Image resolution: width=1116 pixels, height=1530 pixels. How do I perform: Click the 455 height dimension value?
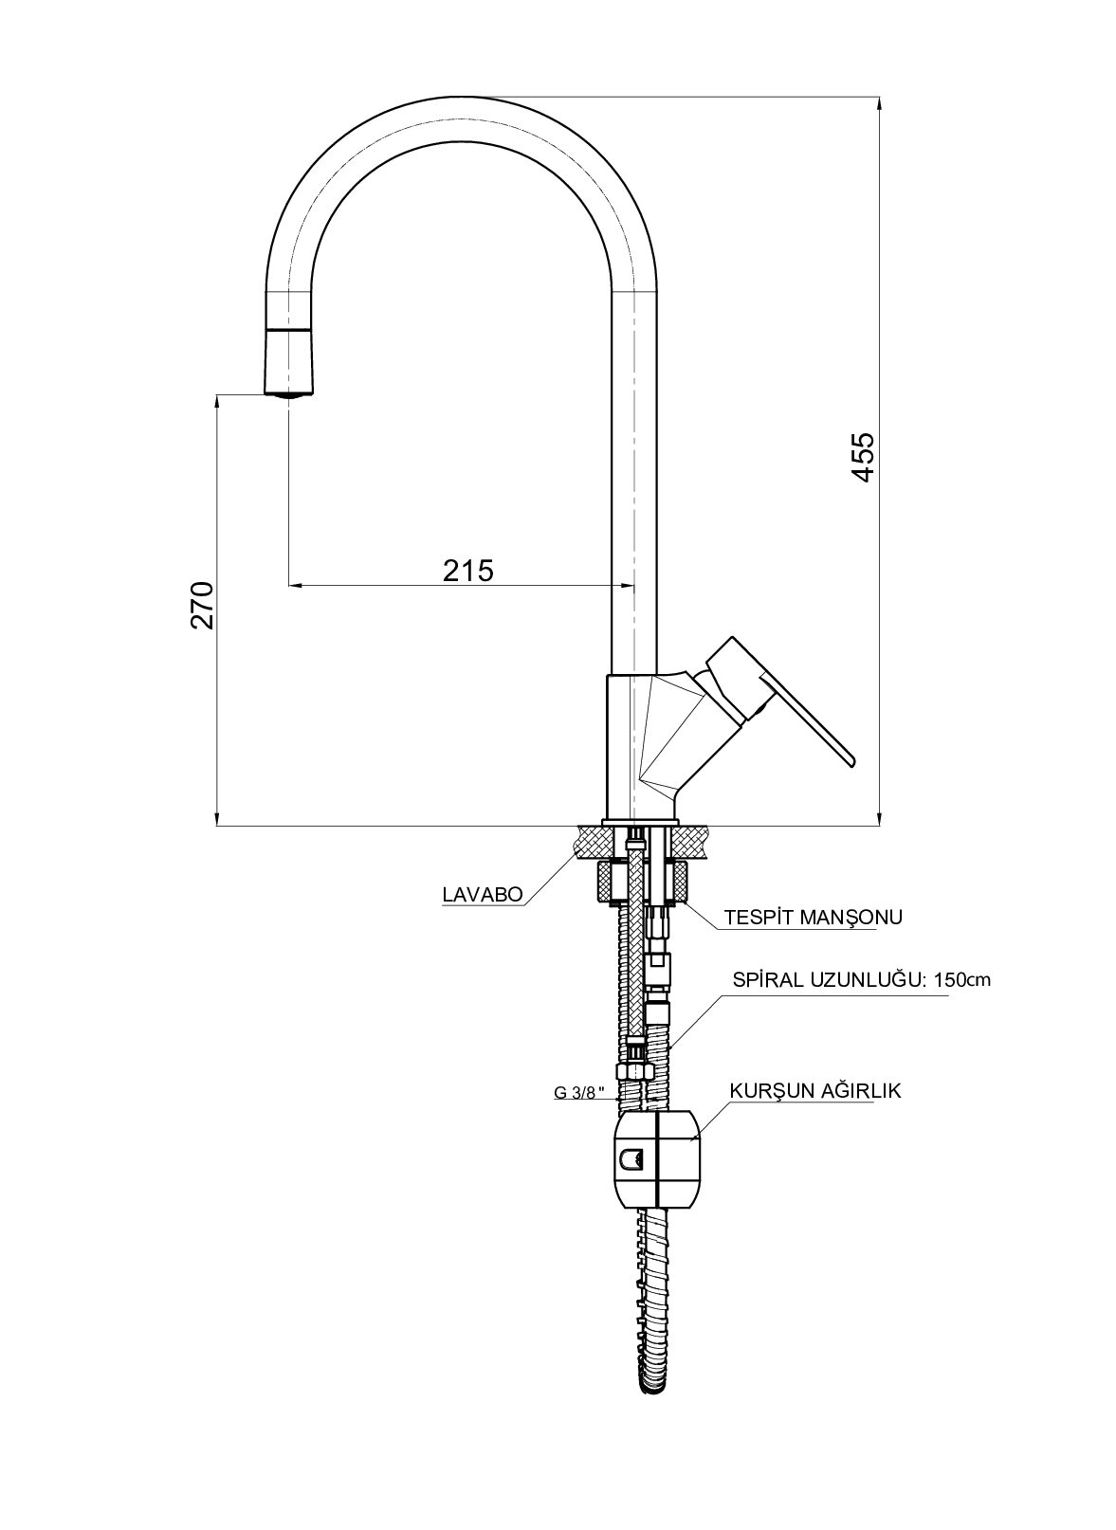point(862,459)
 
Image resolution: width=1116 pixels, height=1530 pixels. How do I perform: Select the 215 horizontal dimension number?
point(468,570)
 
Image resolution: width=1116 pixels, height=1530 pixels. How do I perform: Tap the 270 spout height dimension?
point(204,606)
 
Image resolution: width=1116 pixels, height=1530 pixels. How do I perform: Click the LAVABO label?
point(482,894)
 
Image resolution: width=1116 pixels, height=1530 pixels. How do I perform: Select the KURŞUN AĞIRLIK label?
point(814,1091)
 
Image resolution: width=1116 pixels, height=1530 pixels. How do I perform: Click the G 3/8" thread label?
point(580,1092)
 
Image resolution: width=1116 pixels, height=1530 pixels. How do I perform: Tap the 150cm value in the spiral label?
point(961,980)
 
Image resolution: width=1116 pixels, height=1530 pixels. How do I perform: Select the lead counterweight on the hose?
point(656,1158)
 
